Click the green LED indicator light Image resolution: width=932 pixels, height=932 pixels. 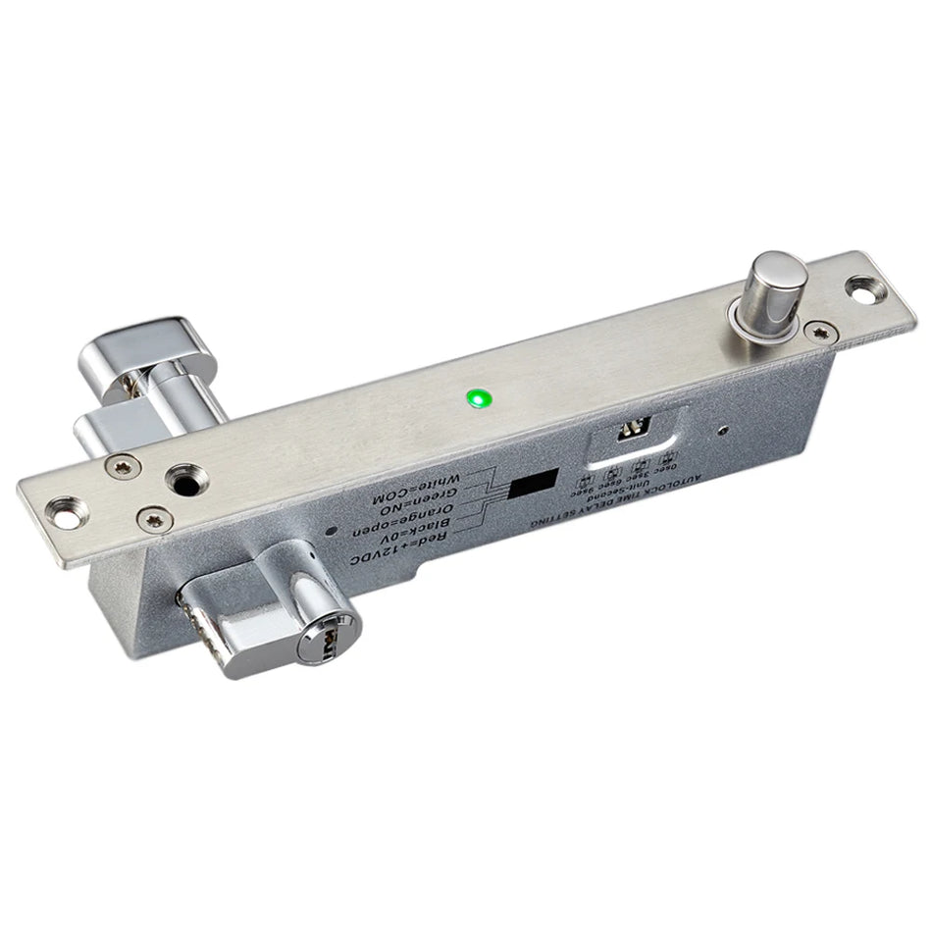pyautogui.click(x=479, y=398)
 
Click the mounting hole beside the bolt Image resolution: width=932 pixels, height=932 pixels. pyautogui.click(x=863, y=287)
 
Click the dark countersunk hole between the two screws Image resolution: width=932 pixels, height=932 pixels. pyautogui.click(x=183, y=481)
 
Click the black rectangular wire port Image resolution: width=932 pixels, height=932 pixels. pyautogui.click(x=533, y=483)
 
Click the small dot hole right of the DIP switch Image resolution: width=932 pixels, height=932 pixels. pyautogui.click(x=723, y=429)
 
